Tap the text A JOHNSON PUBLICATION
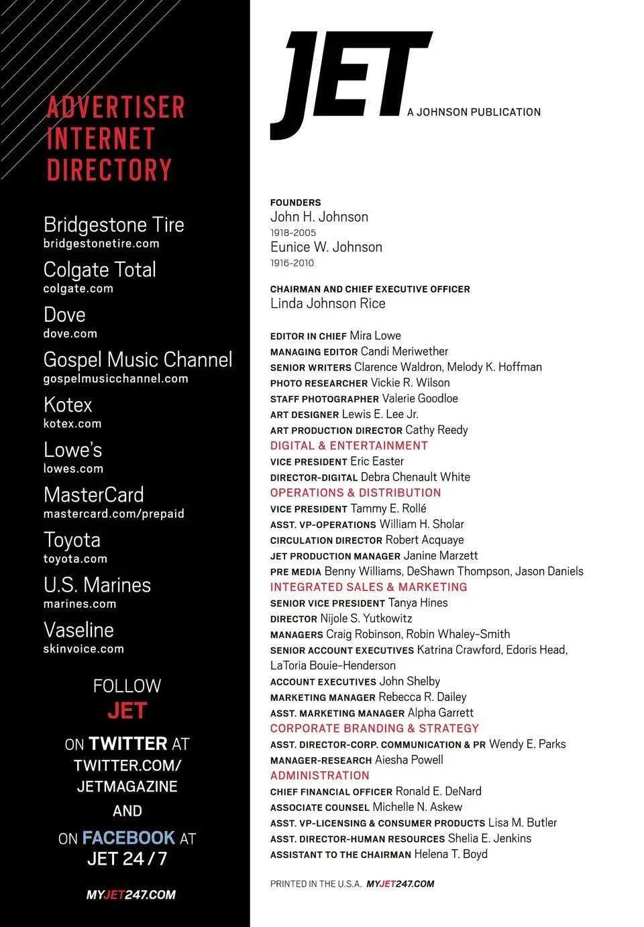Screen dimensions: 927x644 click(x=474, y=112)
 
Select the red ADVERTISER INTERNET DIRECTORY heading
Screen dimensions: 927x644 click(x=115, y=139)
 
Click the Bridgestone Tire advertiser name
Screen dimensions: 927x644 click(x=113, y=225)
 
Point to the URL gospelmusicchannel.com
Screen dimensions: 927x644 click(x=115, y=379)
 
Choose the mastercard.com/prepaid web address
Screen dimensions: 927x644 click(x=113, y=514)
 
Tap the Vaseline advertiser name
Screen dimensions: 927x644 click(x=78, y=630)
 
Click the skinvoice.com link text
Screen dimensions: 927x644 click(x=83, y=649)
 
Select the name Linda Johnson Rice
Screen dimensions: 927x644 click(x=327, y=304)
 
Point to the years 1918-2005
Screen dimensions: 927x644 click(x=292, y=233)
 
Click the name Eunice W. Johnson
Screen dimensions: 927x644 click(x=326, y=247)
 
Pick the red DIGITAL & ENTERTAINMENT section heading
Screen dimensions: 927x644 click(x=348, y=445)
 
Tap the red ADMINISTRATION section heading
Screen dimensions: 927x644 click(x=319, y=775)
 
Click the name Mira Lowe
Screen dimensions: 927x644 click(x=375, y=335)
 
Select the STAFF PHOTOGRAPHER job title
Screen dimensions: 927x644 click(x=324, y=399)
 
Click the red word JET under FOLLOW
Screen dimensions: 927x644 click(x=127, y=710)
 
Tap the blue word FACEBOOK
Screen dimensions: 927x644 click(x=129, y=838)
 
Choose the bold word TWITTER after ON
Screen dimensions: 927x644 click(x=127, y=744)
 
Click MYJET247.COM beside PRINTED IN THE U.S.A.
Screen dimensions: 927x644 click(x=400, y=884)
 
